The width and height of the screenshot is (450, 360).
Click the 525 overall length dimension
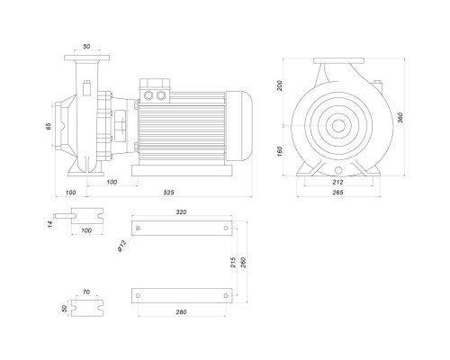168,193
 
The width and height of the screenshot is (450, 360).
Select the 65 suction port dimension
49,126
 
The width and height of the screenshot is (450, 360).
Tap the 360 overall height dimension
400,117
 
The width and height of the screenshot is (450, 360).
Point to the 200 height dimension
280,85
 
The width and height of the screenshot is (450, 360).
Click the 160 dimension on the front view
280,152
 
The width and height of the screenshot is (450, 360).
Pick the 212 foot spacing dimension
337,182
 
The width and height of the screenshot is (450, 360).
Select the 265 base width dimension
337,193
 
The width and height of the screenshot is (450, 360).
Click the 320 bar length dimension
181,212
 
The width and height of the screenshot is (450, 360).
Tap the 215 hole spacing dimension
234,263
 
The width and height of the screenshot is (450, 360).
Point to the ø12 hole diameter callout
122,247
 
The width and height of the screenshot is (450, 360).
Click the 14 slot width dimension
50,223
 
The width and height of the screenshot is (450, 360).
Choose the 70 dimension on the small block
86,292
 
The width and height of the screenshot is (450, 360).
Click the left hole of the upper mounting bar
138,229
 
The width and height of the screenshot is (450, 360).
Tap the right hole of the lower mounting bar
226,296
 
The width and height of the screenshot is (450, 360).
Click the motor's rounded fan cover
238,125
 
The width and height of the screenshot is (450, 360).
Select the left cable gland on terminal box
148,95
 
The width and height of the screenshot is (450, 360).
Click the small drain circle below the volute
338,170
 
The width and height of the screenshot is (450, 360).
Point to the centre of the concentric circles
338,125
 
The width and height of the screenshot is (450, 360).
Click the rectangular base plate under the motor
182,170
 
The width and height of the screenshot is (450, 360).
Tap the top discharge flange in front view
338,61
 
